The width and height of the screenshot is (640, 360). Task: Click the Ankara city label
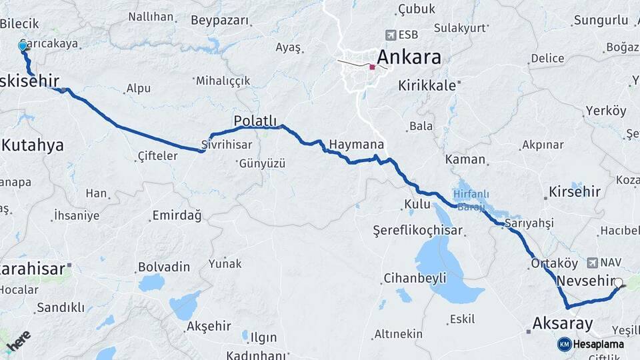click(409, 57)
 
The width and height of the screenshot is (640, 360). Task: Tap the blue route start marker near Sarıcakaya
click(23, 46)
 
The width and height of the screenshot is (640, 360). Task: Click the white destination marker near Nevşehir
click(619, 283)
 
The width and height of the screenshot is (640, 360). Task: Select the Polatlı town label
click(255, 120)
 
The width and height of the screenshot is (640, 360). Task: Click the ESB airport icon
click(391, 35)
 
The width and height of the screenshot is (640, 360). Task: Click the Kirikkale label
click(427, 85)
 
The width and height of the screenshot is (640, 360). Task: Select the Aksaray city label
click(562, 324)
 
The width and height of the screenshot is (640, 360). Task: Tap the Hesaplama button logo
click(564, 344)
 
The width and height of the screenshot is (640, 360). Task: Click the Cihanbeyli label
click(415, 279)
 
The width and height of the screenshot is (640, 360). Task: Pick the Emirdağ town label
click(177, 215)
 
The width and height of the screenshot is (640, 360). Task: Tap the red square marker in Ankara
click(372, 67)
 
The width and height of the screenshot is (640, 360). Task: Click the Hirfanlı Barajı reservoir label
click(474, 199)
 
